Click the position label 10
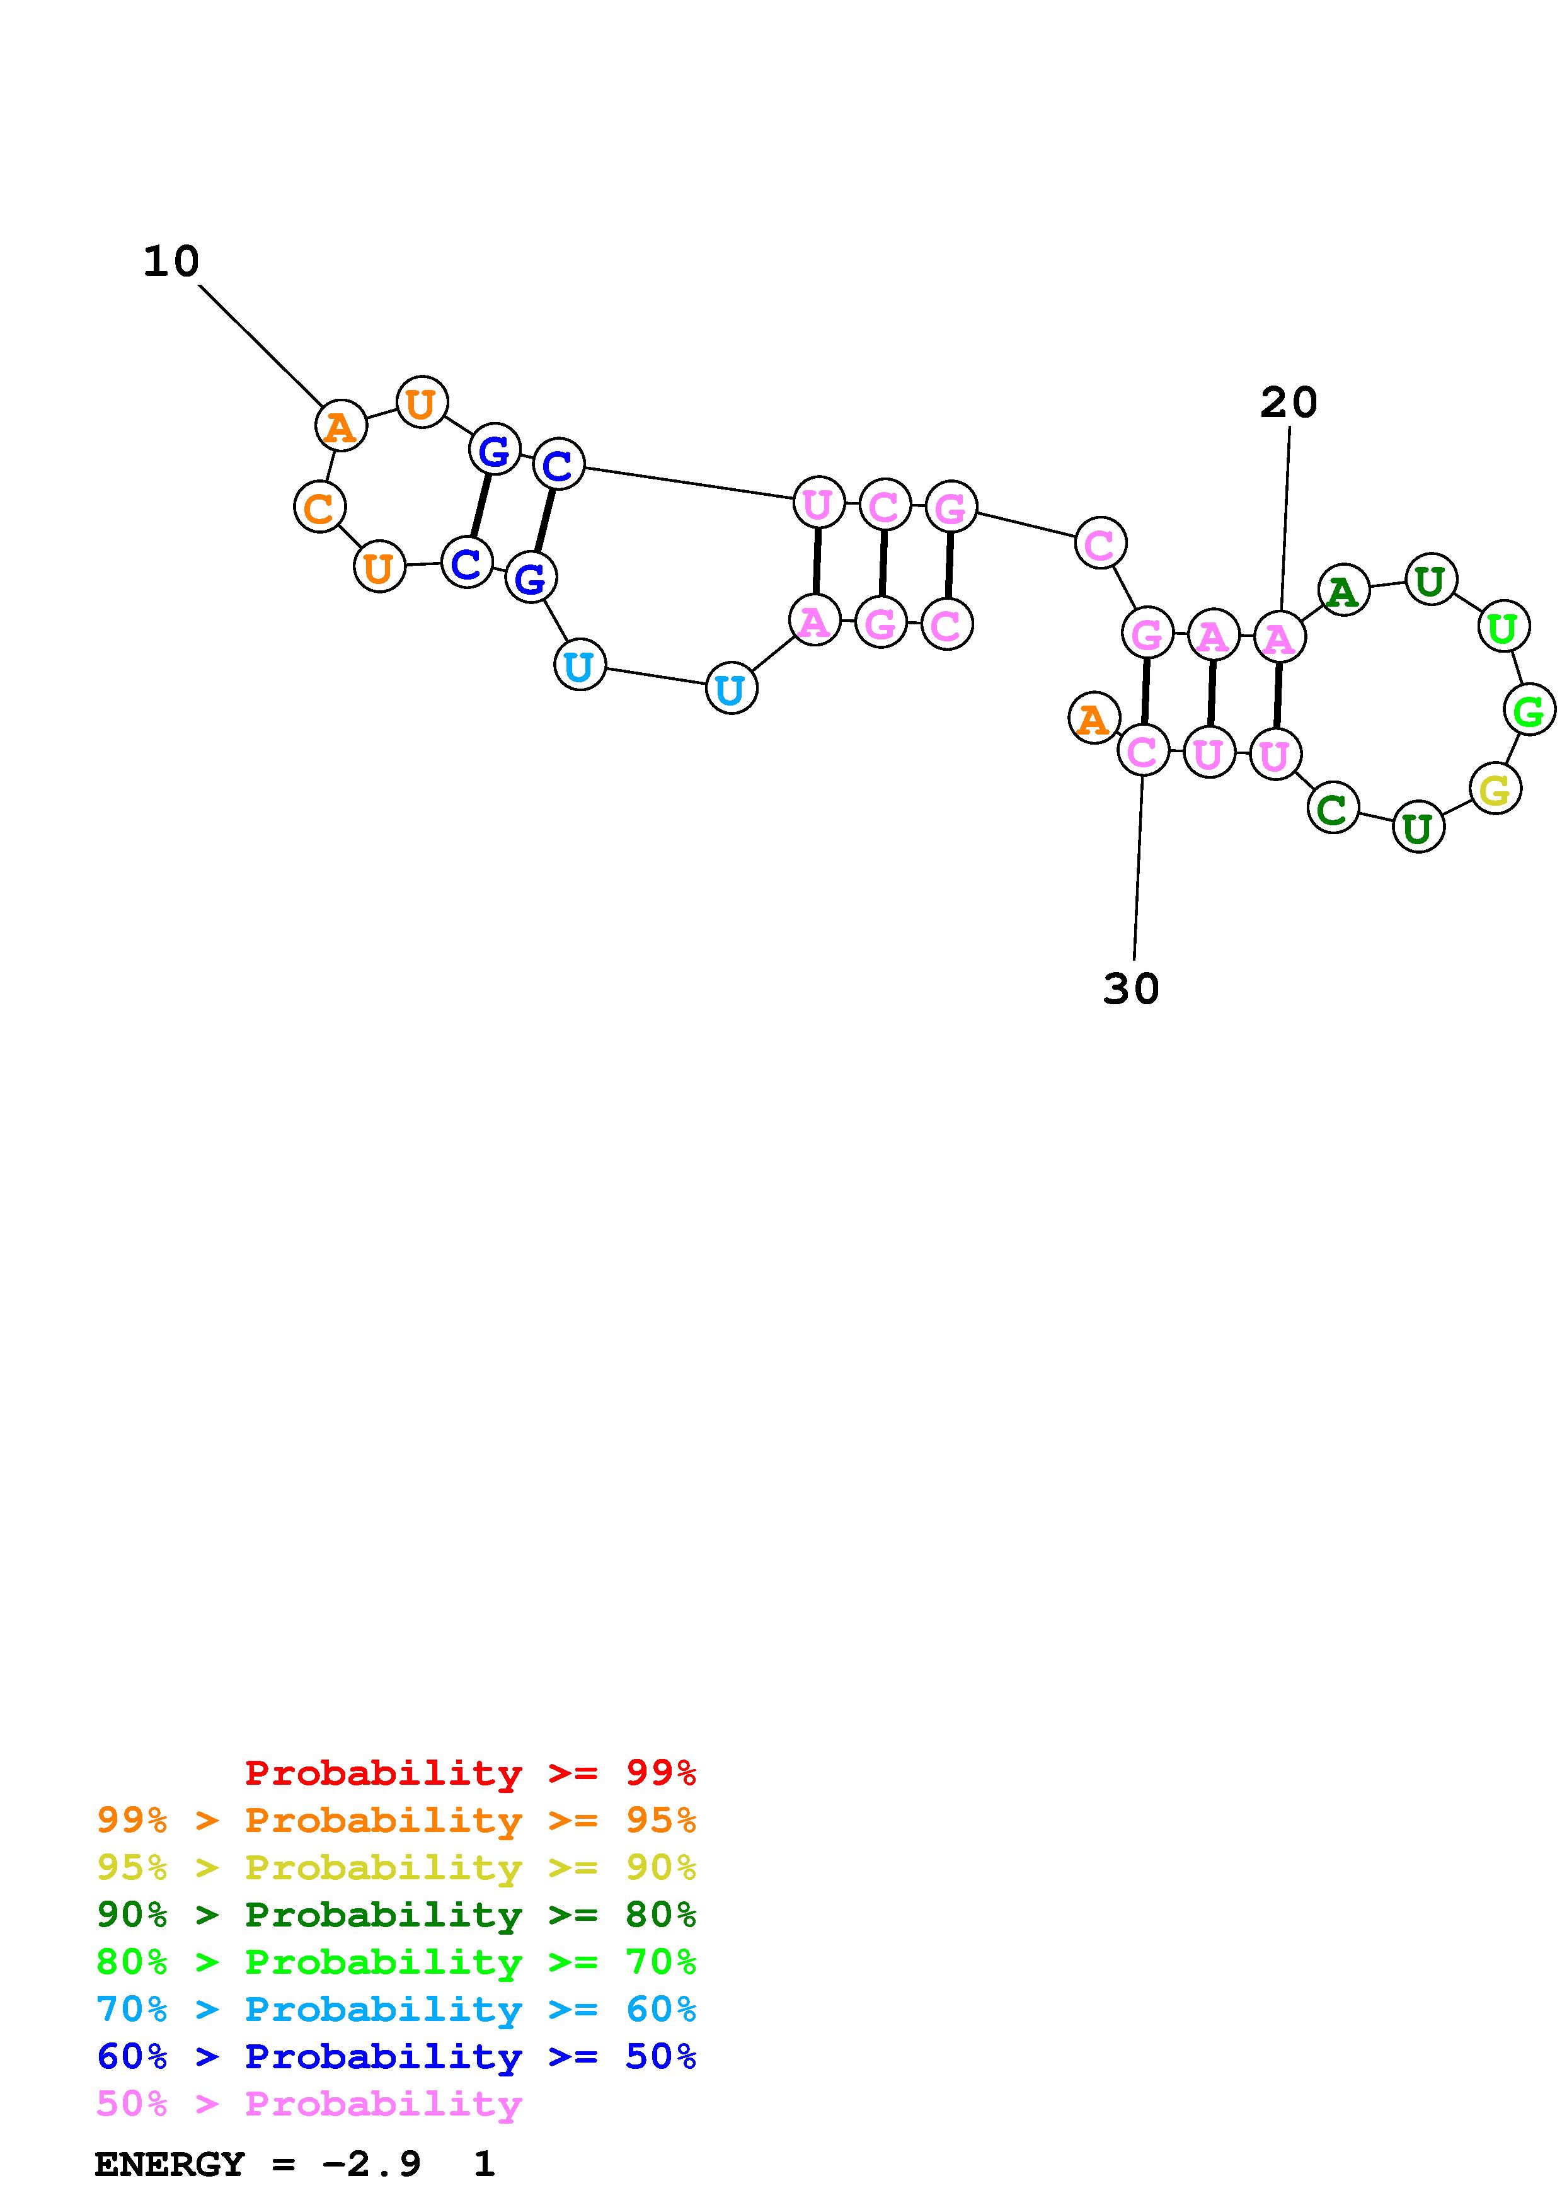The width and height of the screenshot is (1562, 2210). [171, 262]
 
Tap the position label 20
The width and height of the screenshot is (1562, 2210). [1288, 403]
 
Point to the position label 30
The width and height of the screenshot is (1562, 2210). [1131, 988]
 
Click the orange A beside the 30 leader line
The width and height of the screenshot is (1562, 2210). [1093, 718]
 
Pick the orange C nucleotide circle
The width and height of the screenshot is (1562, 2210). [319, 507]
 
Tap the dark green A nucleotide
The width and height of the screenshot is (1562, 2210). [1343, 590]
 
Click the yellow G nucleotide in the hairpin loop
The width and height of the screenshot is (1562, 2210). [1495, 790]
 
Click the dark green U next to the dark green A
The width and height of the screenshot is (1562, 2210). [1430, 580]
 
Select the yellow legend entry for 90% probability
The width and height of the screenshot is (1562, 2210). [396, 1867]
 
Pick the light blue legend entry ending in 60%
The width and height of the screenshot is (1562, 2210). [396, 2009]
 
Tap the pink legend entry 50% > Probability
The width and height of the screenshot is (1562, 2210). [309, 2103]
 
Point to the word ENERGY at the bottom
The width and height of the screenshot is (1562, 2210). [169, 2165]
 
